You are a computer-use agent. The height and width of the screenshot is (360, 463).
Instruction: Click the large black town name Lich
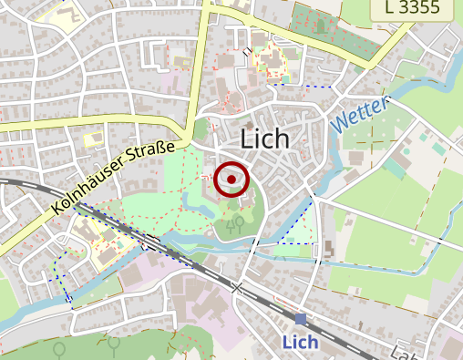264,139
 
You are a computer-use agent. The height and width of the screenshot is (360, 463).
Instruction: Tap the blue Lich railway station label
300,343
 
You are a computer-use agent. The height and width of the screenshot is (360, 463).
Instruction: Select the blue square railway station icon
301,318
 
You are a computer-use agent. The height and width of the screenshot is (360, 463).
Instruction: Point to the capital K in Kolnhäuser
57,208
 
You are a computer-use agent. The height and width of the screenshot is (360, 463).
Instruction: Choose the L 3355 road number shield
418,9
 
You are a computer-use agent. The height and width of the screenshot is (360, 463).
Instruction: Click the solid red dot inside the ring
231,180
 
